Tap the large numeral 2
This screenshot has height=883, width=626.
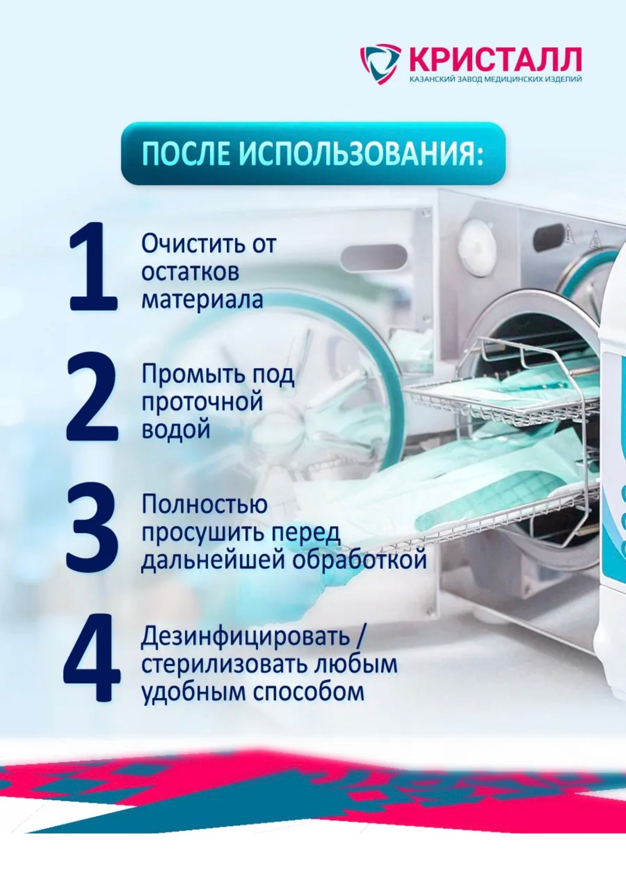coord(91,399)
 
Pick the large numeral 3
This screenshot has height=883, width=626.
coord(92,531)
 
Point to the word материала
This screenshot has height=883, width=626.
coord(202,299)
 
